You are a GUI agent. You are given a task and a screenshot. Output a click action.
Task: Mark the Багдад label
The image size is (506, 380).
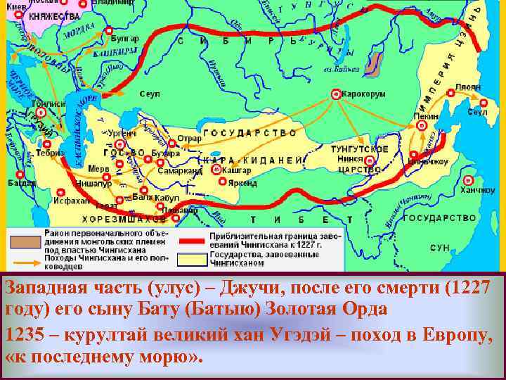coord(22,183)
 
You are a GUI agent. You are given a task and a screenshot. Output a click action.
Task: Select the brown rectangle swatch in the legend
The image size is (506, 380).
coord(24,239)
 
